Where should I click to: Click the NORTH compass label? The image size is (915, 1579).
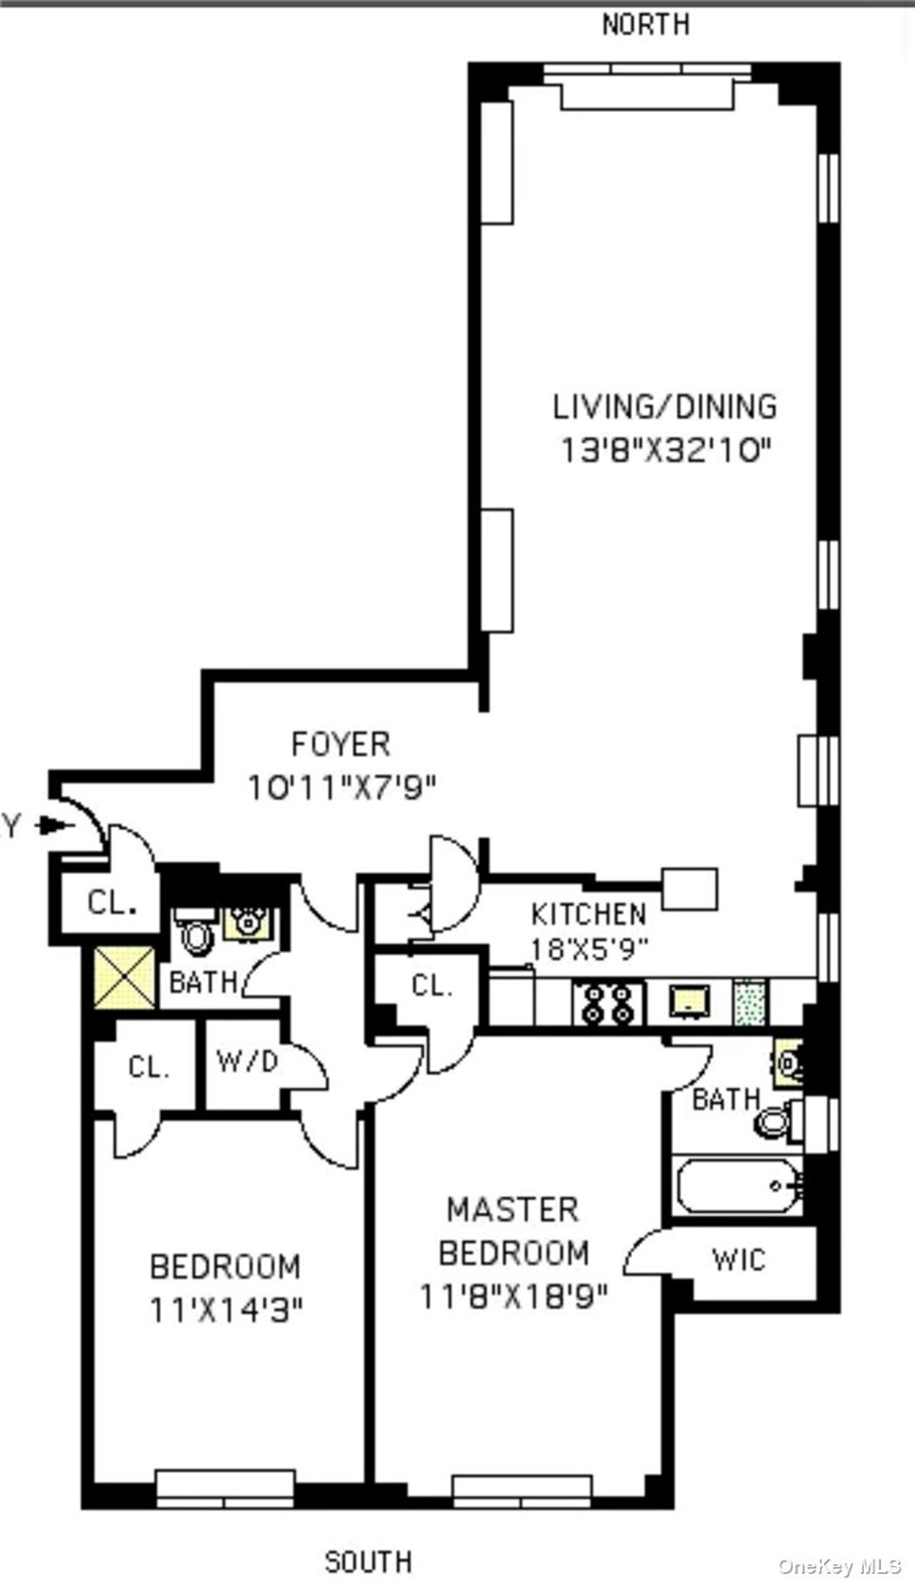tap(646, 24)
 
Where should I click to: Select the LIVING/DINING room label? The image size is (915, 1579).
tap(665, 406)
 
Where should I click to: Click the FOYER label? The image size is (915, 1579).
tap(341, 744)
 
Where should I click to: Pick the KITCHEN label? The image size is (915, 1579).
tap(589, 913)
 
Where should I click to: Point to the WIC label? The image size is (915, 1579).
tap(738, 1259)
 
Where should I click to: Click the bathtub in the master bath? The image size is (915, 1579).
tap(739, 1186)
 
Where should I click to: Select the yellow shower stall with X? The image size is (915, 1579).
tap(124, 977)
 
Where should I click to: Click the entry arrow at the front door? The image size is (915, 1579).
tap(57, 825)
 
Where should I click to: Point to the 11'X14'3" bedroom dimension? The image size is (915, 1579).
tap(226, 1312)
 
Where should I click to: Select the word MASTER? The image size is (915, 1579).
tap(512, 1209)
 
